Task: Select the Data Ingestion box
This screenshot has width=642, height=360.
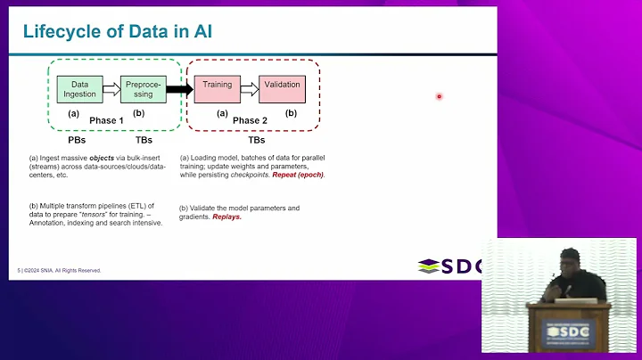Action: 79,88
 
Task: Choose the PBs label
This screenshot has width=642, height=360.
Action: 78,141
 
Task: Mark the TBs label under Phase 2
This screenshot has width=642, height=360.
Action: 256,141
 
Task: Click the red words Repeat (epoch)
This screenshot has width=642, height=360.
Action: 299,175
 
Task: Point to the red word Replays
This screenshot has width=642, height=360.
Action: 226,217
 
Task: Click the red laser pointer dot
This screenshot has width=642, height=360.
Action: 440,96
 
